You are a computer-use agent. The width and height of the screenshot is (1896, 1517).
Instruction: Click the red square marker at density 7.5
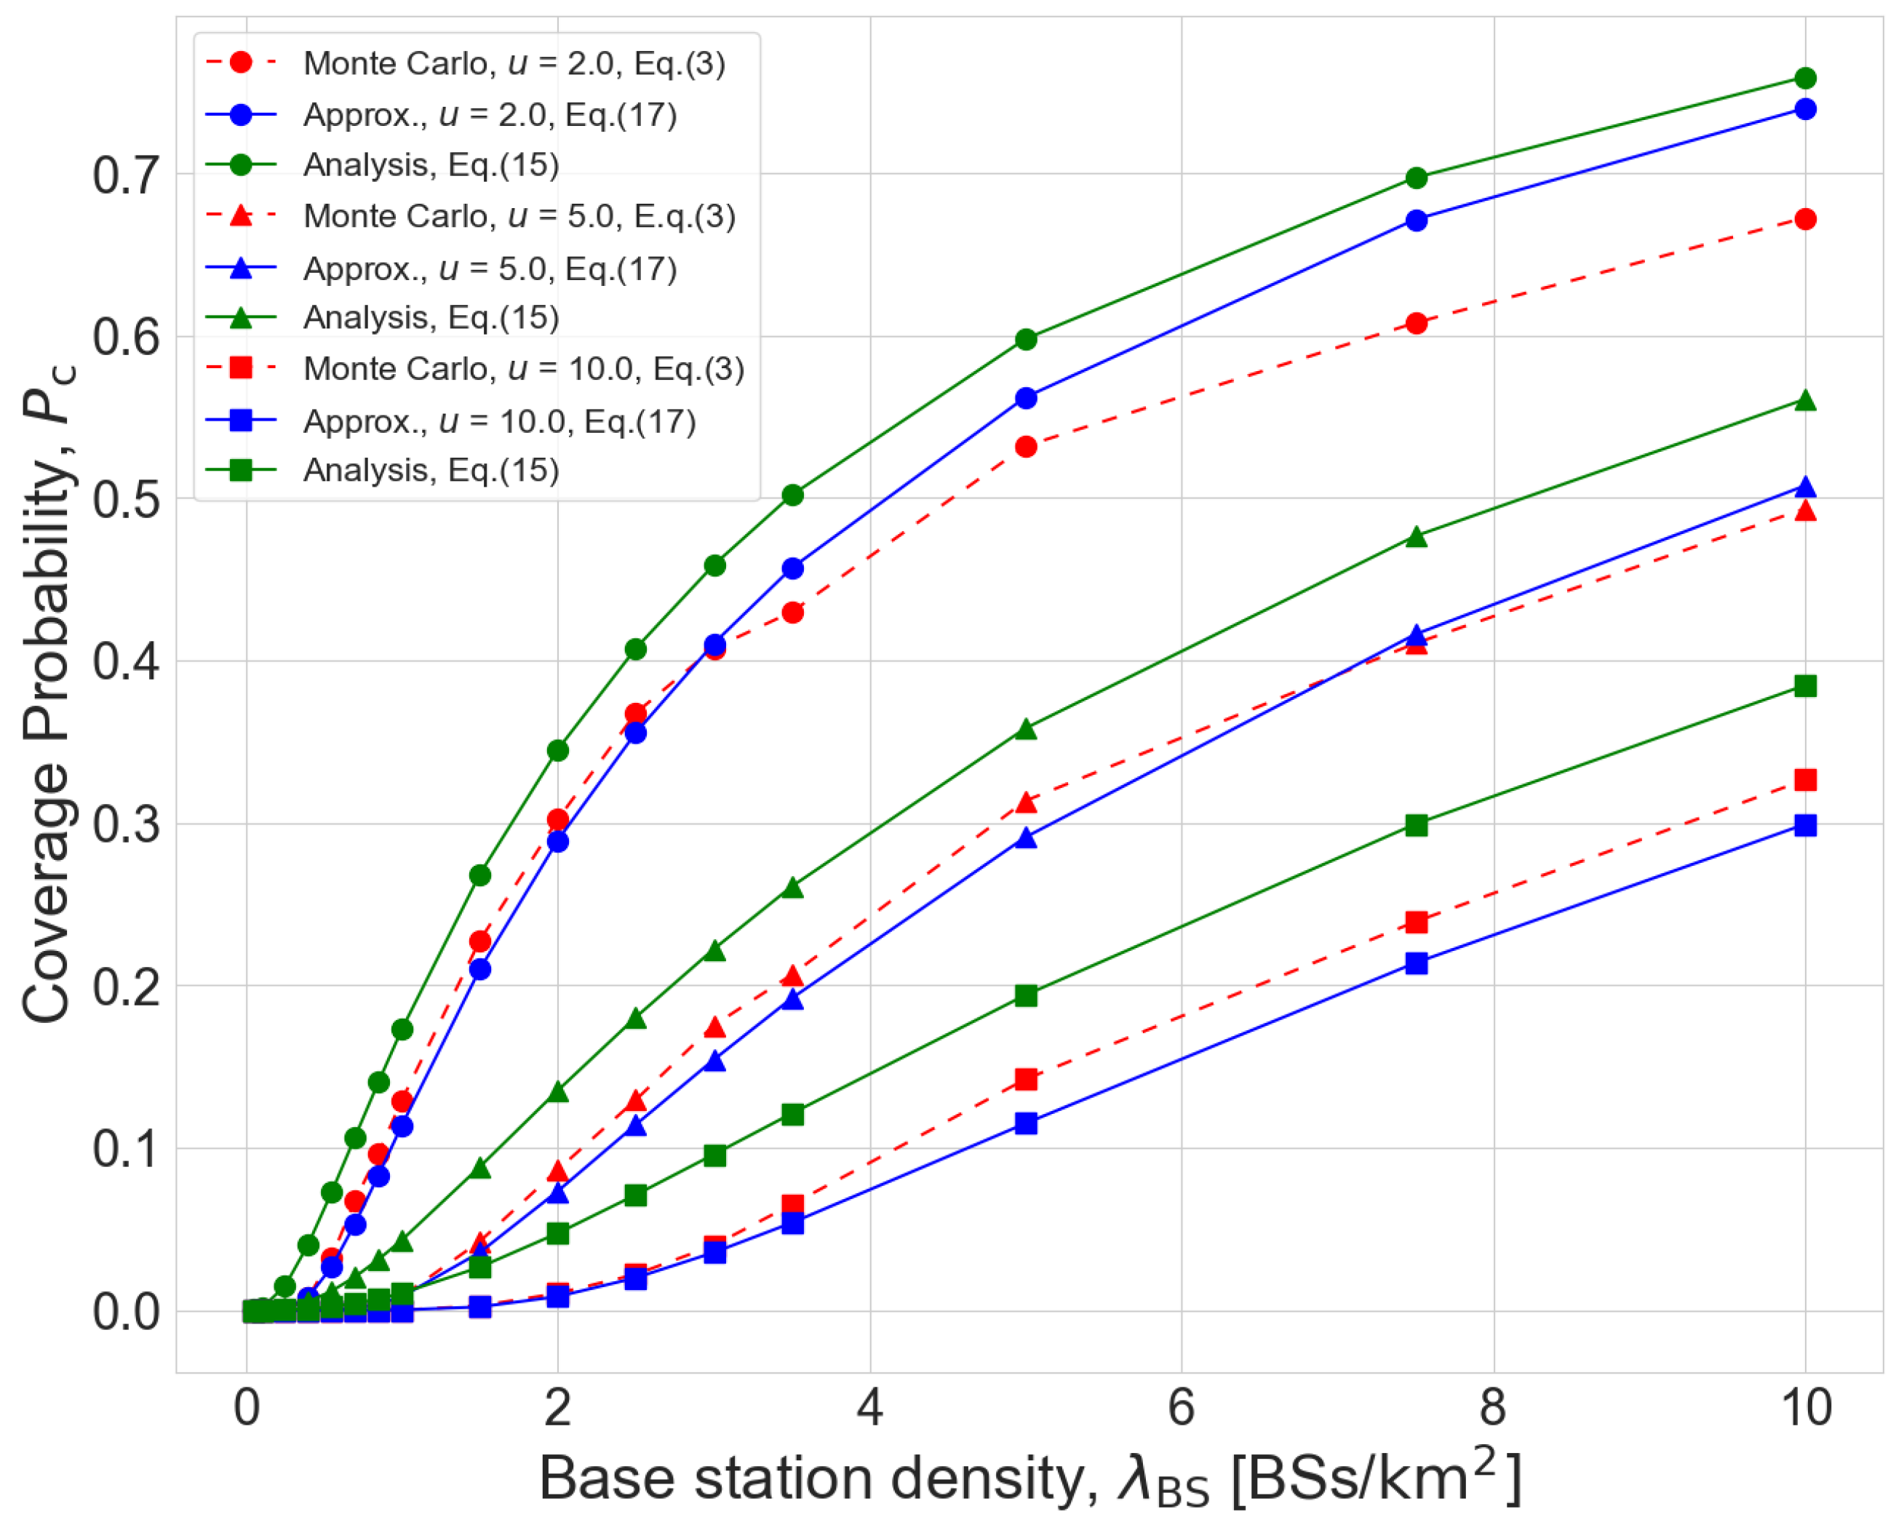[1417, 922]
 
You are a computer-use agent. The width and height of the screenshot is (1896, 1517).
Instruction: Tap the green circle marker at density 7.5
[1417, 178]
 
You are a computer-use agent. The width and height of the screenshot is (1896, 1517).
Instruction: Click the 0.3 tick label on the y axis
[127, 825]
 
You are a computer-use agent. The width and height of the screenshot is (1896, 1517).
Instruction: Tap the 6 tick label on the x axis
[1181, 1407]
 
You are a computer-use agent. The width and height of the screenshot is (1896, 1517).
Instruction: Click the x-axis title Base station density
[1029, 1478]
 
